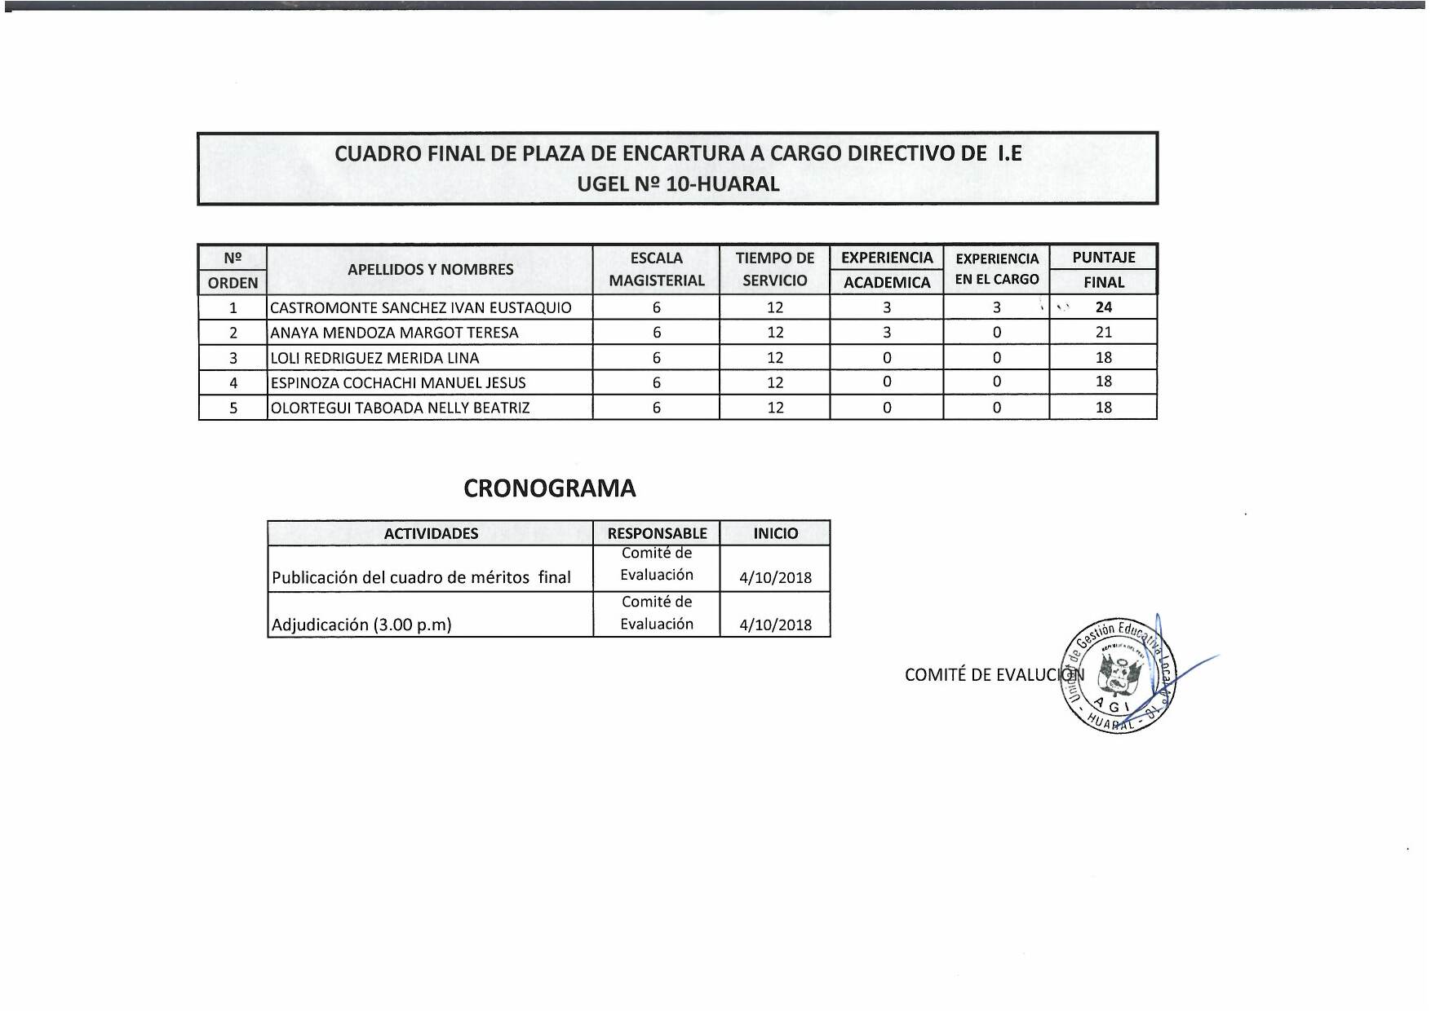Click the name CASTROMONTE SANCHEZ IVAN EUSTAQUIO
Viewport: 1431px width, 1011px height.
[x=420, y=307]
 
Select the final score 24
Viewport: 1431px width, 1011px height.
[x=1103, y=307]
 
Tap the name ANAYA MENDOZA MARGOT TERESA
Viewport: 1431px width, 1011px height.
[x=394, y=333]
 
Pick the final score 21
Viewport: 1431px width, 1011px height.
[x=1103, y=333]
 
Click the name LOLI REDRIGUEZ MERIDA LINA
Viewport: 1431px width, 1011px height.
[x=374, y=358]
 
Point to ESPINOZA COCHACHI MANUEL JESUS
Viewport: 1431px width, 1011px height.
[x=398, y=382]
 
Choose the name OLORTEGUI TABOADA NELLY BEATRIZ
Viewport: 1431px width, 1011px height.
[x=400, y=408]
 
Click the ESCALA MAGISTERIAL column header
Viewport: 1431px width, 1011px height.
[x=656, y=269]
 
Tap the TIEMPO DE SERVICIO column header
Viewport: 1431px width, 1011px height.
[x=774, y=269]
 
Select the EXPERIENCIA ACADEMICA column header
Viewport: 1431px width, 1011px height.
[x=887, y=269]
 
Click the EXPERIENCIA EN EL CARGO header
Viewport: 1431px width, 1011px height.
[x=996, y=269]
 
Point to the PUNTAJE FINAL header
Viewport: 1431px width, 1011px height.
[x=1103, y=269]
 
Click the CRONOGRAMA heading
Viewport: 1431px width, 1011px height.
[x=549, y=488]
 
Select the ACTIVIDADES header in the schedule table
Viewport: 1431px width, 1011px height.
[x=431, y=534]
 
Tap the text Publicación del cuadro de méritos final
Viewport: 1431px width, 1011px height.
[x=421, y=578]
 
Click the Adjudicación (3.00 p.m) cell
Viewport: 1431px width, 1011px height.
[x=361, y=625]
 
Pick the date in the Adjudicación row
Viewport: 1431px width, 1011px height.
[x=775, y=625]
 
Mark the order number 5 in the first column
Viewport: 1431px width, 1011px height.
[x=233, y=408]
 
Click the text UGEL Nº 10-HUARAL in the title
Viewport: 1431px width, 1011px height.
[x=678, y=184]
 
